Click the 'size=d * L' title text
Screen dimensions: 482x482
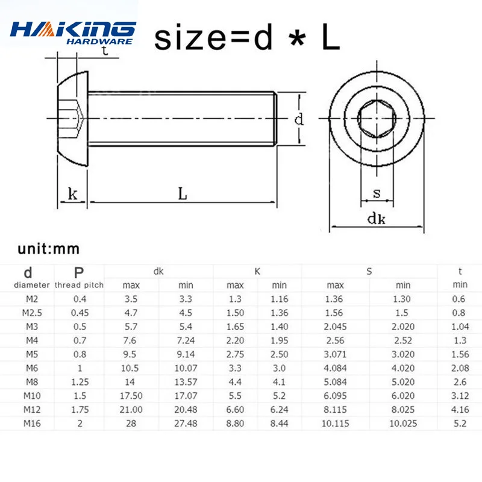click(247, 37)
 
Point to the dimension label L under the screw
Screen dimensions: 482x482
click(183, 194)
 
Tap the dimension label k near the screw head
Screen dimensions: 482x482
click(73, 194)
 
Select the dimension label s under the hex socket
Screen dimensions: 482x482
click(377, 193)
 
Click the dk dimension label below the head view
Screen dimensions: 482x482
click(376, 219)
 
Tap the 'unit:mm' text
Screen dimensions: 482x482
click(49, 249)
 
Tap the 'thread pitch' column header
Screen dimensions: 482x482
click(79, 285)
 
